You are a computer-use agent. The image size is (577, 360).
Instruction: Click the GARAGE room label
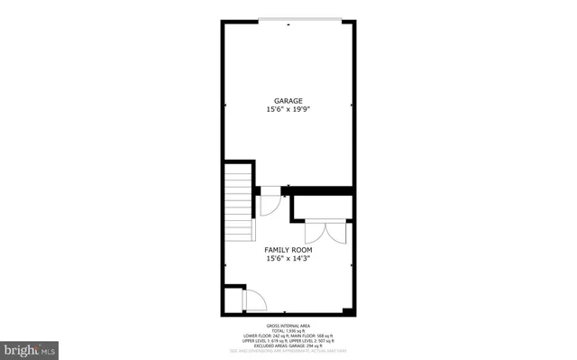288,100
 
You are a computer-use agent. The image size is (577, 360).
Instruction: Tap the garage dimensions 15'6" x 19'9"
288,109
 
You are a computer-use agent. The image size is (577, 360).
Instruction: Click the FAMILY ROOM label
288,249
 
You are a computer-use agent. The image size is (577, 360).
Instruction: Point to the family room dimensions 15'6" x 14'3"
288,259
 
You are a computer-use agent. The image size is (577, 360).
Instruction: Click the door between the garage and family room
270,202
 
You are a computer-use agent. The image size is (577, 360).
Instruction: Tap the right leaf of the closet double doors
335,232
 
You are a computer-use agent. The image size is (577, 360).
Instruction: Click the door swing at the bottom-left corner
254,300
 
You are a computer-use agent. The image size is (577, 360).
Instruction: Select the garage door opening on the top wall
288,21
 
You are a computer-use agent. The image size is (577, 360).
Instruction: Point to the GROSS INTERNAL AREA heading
288,324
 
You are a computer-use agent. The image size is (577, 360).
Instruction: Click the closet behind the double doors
322,207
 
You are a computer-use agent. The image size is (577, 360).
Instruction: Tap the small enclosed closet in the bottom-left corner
234,300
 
